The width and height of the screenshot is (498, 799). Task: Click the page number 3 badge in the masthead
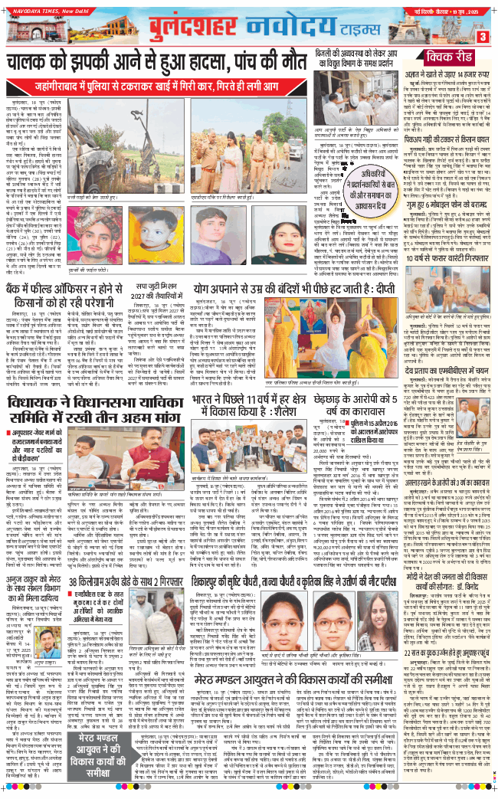pyautogui.click(x=483, y=36)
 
